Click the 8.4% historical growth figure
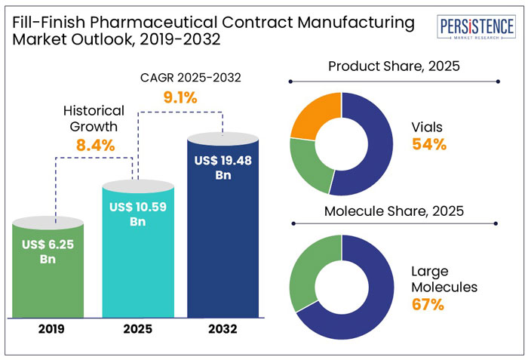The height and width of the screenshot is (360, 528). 94,145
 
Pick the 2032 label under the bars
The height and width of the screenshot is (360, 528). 223,329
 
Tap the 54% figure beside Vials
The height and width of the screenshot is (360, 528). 429,145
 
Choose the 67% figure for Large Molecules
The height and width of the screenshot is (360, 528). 428,305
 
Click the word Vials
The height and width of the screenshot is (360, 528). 428,128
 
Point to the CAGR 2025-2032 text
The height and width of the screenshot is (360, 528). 180,78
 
